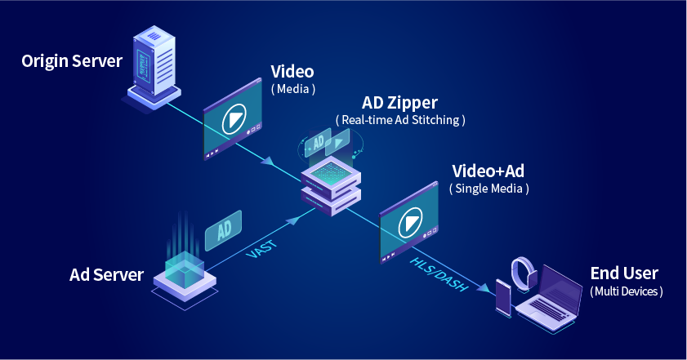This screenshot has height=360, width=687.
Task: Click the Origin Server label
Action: pyautogui.click(x=72, y=61)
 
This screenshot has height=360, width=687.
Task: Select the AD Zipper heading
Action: pyautogui.click(x=400, y=103)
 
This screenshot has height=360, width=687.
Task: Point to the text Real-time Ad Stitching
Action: pyautogui.click(x=400, y=120)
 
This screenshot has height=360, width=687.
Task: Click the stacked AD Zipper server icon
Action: pyautogui.click(x=330, y=184)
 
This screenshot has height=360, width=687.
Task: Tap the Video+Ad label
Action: pyautogui.click(x=488, y=171)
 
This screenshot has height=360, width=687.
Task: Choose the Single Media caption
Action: pyautogui.click(x=488, y=189)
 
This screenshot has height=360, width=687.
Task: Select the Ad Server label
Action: pyautogui.click(x=107, y=274)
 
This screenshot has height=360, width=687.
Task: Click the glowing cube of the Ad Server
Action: pyautogui.click(x=185, y=269)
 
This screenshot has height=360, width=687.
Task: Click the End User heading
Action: pyautogui.click(x=624, y=273)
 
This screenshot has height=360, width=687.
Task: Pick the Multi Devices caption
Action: pyautogui.click(x=626, y=291)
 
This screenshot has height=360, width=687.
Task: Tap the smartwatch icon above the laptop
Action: pyautogui.click(x=522, y=273)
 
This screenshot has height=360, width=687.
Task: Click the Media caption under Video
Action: pyautogui.click(x=292, y=88)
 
